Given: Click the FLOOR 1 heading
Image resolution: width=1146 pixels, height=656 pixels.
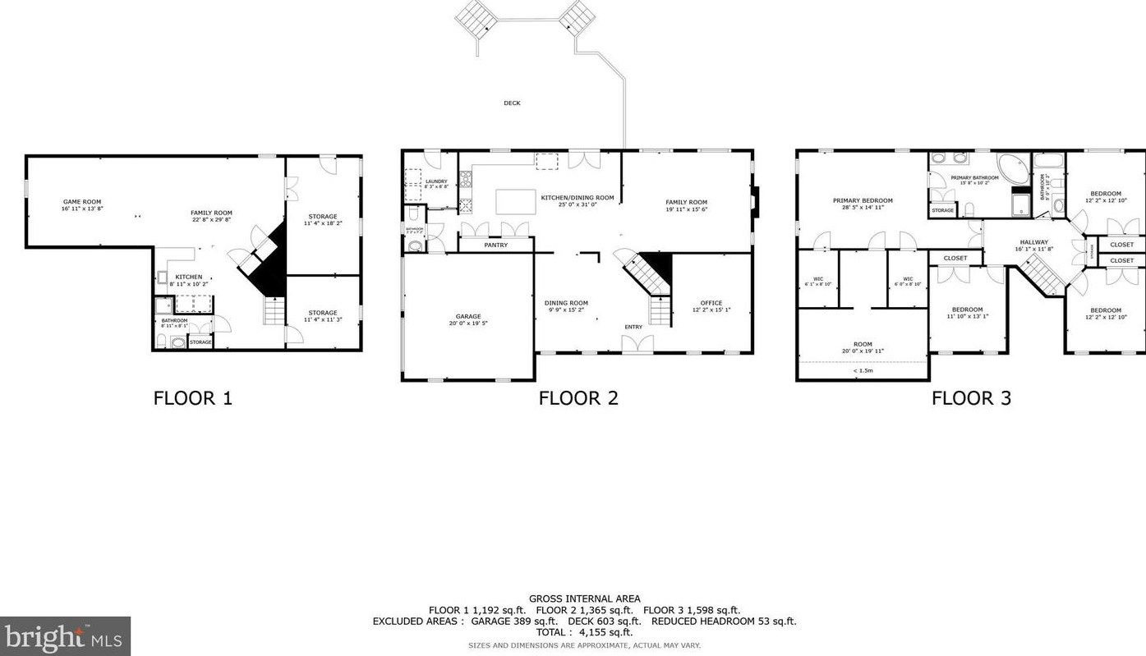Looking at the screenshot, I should point(192,398).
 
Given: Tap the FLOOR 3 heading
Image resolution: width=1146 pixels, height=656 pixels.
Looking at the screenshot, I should point(971,398).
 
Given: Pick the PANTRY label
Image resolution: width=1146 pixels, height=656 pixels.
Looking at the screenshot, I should point(496,245).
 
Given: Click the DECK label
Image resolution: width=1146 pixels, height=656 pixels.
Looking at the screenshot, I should point(512,103).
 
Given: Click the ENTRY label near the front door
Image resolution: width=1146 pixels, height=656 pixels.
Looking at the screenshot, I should point(633,327).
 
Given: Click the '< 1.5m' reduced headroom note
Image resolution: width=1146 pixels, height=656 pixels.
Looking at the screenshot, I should point(863,370).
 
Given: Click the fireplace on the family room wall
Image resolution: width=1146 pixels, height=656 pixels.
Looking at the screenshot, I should point(756,202).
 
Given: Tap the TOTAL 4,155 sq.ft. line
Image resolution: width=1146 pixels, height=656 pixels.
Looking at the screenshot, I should point(584,632).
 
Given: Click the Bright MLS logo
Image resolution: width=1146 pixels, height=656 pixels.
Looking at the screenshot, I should point(65,636).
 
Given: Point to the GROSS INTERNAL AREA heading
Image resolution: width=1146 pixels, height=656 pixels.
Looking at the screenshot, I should point(584,599).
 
